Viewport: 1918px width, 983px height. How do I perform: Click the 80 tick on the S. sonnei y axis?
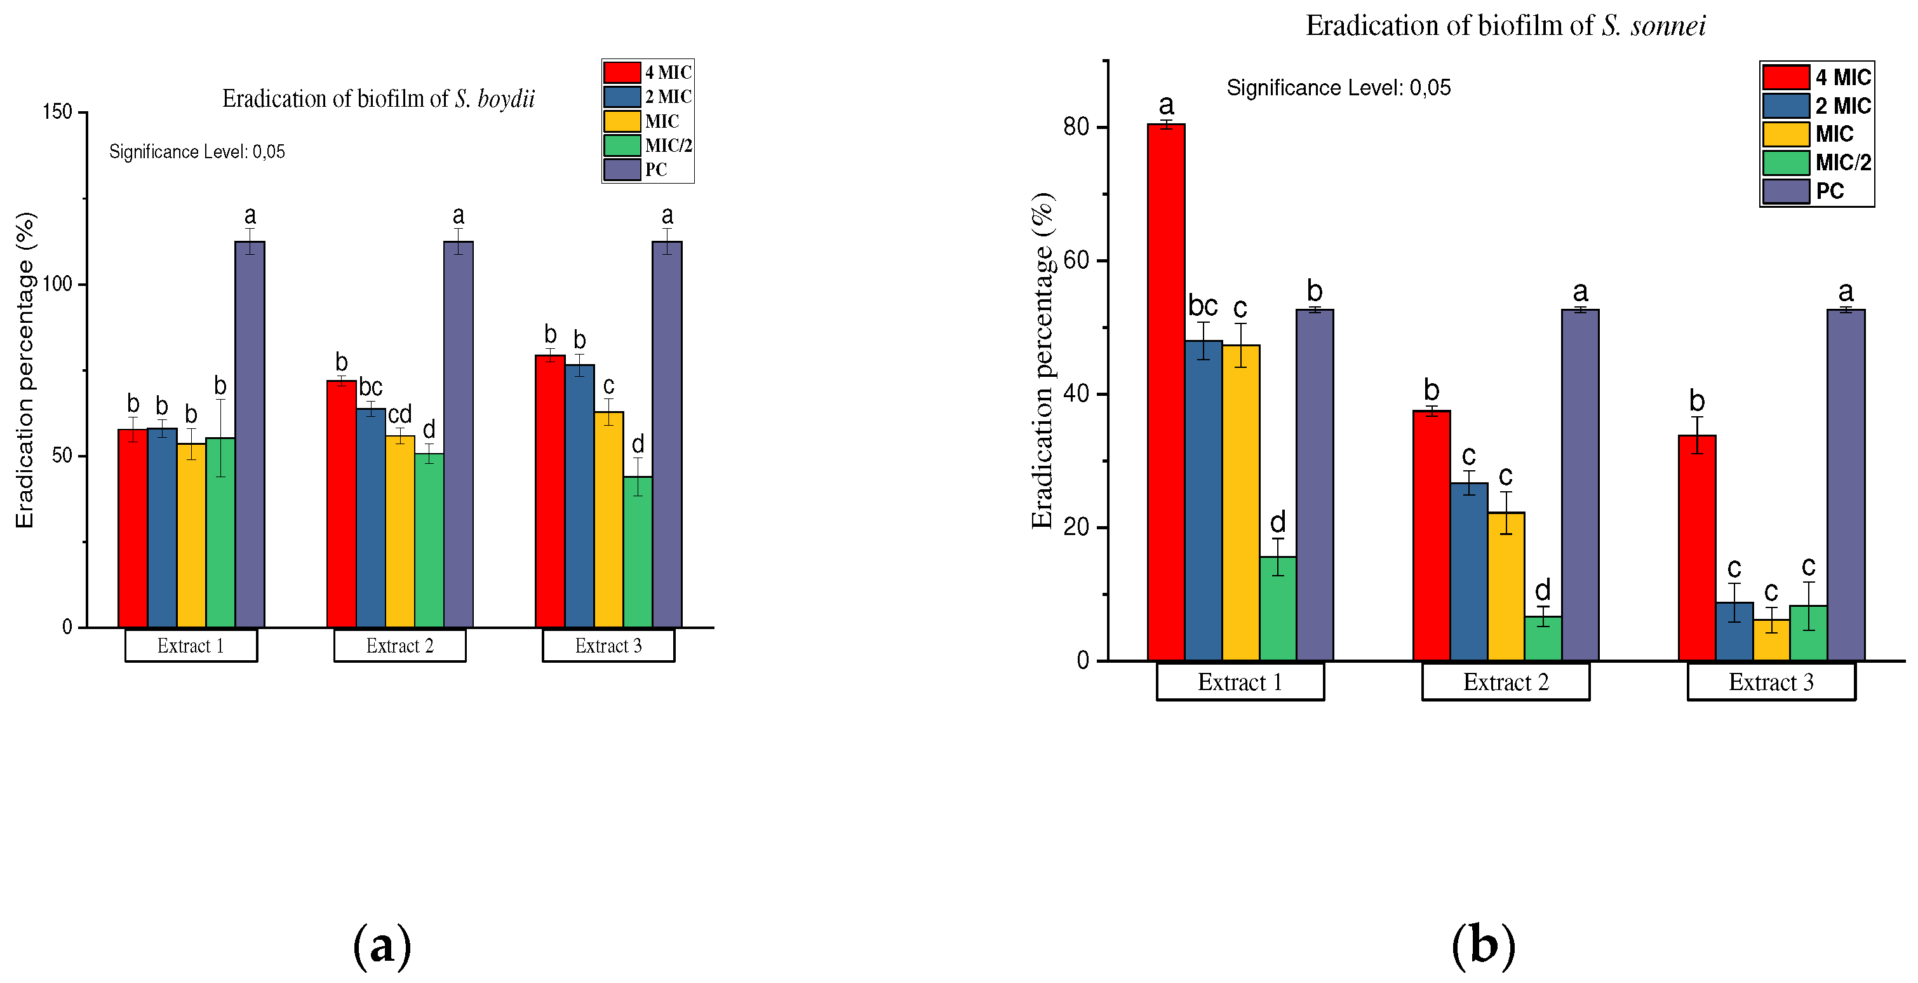click(1076, 127)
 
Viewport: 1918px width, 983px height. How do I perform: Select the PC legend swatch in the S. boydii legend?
click(622, 170)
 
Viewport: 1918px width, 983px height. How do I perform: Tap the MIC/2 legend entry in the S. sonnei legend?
click(1843, 162)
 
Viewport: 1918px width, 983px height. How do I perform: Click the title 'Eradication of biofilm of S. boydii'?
click(379, 99)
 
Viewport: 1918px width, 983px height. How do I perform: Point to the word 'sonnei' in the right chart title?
click(1668, 27)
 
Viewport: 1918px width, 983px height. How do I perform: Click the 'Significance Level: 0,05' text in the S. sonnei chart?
click(1338, 88)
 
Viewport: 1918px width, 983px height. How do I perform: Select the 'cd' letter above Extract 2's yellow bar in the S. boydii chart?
click(400, 415)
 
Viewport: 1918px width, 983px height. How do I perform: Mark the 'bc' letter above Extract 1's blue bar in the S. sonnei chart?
click(1202, 306)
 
